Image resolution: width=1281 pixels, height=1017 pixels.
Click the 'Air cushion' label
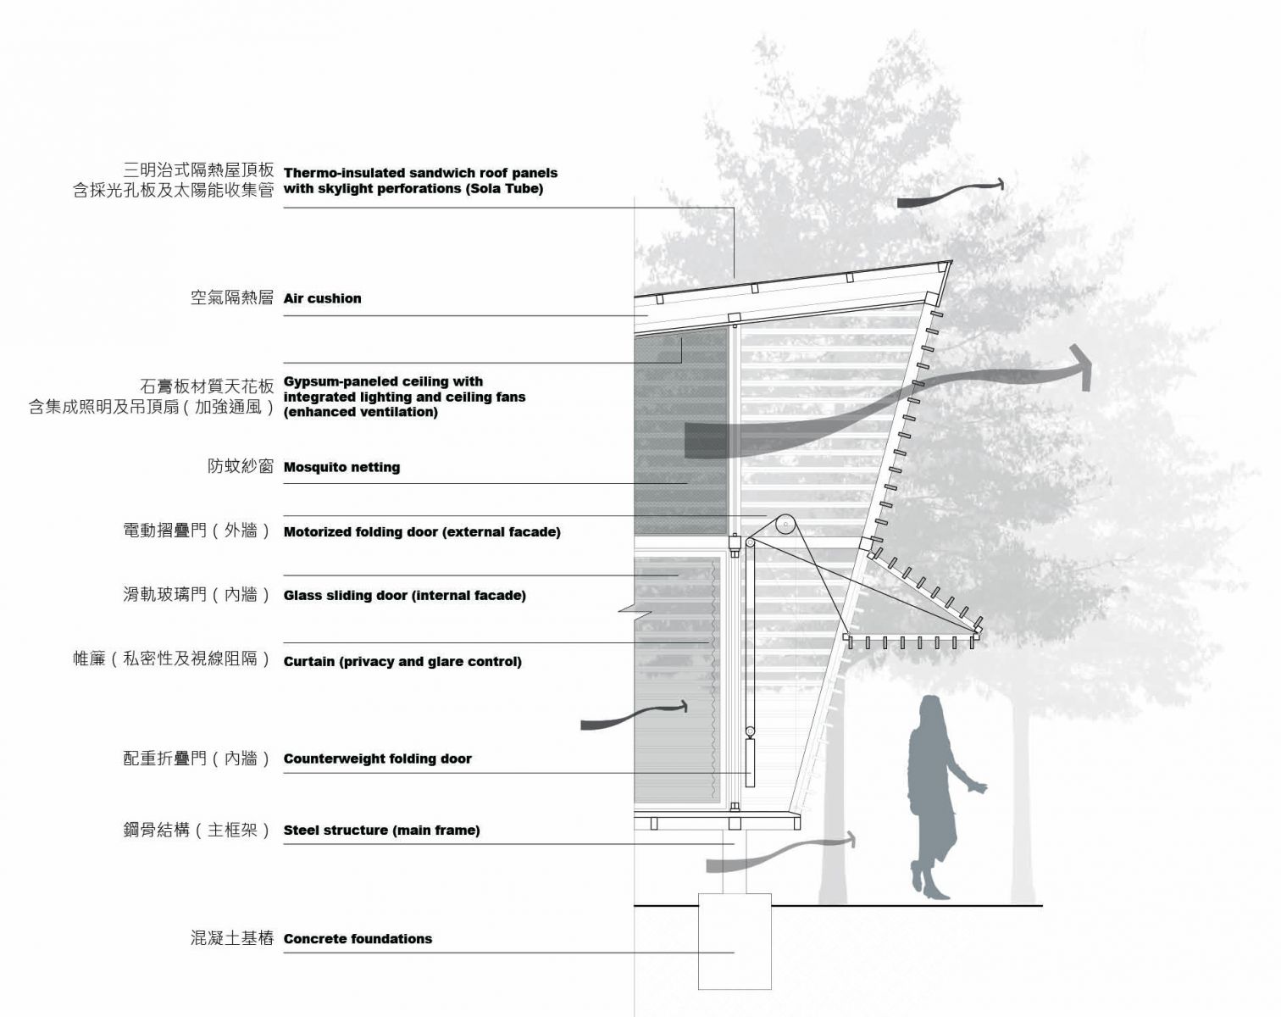(x=322, y=298)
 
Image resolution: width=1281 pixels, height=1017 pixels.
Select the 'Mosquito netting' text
(x=341, y=467)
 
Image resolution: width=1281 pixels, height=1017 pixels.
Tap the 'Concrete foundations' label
(x=358, y=938)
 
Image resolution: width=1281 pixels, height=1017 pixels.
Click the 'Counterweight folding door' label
(x=377, y=759)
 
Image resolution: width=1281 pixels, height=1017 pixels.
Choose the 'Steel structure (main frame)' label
(x=381, y=830)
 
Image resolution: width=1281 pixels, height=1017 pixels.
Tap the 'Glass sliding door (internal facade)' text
(x=405, y=596)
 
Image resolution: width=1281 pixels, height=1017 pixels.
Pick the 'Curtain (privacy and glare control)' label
(x=402, y=662)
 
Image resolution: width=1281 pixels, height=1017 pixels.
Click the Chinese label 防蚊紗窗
(x=241, y=465)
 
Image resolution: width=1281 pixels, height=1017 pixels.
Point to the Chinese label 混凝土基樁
(x=232, y=938)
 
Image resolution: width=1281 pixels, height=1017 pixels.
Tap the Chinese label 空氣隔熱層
(x=232, y=297)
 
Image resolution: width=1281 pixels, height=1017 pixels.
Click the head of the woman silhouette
(x=932, y=709)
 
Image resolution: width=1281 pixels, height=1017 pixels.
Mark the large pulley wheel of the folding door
(x=785, y=525)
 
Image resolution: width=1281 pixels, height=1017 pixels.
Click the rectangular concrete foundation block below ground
(x=735, y=942)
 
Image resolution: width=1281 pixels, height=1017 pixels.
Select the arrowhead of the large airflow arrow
(x=1080, y=366)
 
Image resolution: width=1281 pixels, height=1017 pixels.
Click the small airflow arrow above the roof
(x=951, y=193)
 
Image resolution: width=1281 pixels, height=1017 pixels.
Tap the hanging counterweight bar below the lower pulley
(x=750, y=763)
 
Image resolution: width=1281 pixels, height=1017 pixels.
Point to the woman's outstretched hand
(x=979, y=787)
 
